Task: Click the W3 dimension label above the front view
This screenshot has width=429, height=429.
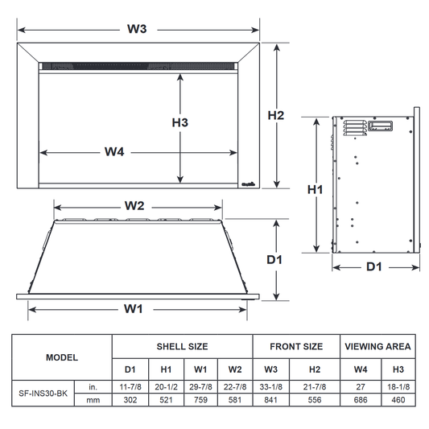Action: [x=137, y=29]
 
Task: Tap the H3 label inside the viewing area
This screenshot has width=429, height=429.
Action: [x=180, y=122]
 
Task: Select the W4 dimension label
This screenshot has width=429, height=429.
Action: [x=114, y=151]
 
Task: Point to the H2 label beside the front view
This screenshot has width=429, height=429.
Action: [x=276, y=115]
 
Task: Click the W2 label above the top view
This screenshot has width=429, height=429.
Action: [x=134, y=206]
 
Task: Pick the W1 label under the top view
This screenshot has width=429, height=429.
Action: [x=134, y=309]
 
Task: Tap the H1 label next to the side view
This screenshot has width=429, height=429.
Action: [x=315, y=189]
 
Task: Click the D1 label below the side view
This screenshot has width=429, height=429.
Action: [x=374, y=266]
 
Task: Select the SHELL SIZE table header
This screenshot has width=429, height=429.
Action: [x=182, y=347]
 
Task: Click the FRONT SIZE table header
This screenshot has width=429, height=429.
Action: [x=296, y=347]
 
